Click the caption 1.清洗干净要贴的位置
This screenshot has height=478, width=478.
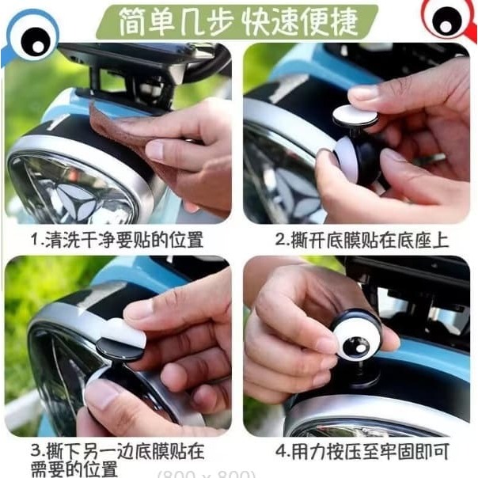click(x=116, y=239)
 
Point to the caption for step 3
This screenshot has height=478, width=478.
click(x=117, y=459)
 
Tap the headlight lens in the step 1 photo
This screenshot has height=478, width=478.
click(x=75, y=186)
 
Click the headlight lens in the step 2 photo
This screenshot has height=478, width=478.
click(x=281, y=182)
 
